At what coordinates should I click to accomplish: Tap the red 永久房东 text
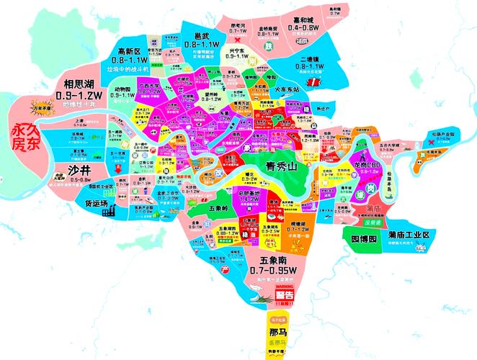(27, 137)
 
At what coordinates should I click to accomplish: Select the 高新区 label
(134, 51)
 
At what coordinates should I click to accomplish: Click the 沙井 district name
(79, 170)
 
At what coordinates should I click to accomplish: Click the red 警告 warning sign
(285, 294)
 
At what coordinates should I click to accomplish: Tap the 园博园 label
(364, 238)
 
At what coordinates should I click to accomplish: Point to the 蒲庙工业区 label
(409, 235)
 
